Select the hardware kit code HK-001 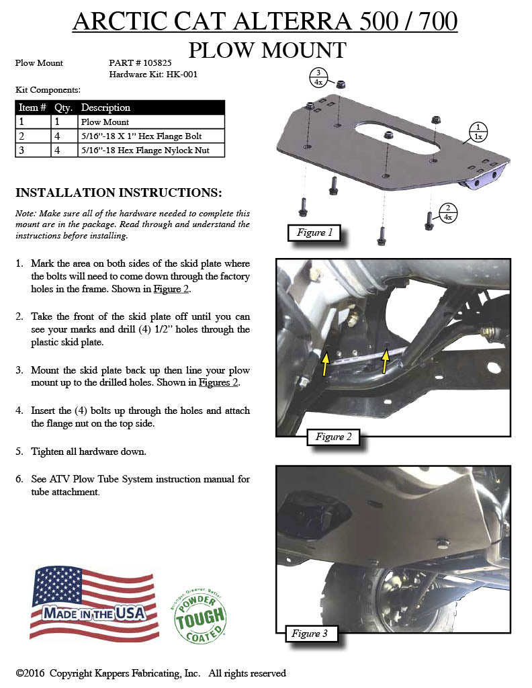tap(179, 75)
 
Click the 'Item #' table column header tap(32, 107)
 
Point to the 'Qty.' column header tap(63, 107)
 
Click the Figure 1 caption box tap(311, 233)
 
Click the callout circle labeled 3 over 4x tap(318, 78)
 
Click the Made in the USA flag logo tap(95, 603)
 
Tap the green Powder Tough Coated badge tap(199, 615)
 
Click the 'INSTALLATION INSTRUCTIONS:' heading tap(118, 193)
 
